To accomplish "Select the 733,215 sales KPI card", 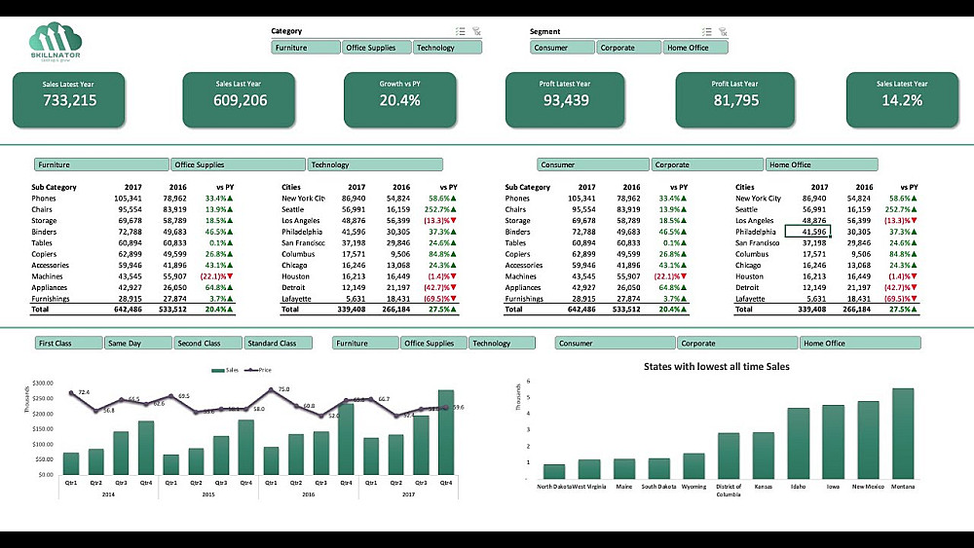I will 69,99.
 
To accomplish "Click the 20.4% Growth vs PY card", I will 399,99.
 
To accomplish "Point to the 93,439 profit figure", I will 565,100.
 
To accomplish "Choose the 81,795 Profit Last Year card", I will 735,99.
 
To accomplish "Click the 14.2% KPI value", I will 902,100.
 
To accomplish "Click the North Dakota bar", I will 554,471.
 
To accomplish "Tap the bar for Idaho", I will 799,442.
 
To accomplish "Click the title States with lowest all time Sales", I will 716,366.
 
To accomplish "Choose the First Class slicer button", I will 68,344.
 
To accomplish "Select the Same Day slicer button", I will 137,344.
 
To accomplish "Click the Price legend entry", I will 261,371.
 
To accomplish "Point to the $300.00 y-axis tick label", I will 43,384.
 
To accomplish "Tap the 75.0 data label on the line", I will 283,389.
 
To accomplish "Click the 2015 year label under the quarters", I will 207,494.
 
